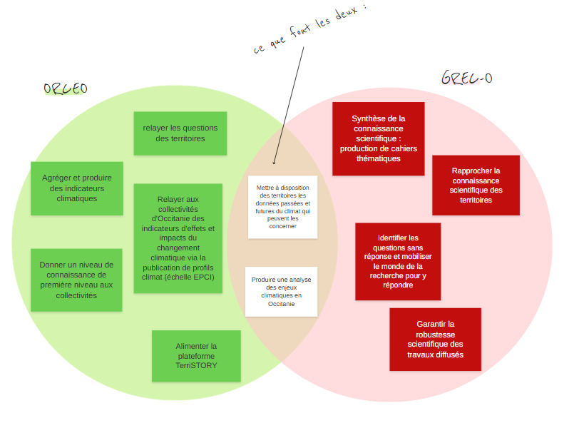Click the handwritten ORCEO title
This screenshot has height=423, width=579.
66,88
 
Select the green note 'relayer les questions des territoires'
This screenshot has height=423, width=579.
180,133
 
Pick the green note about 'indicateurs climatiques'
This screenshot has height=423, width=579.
76,188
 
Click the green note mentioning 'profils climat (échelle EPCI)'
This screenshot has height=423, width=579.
178,238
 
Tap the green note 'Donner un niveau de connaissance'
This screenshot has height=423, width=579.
76,280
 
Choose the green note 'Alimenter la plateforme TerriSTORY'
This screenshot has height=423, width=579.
196,355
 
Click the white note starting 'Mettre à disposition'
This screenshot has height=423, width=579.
282,206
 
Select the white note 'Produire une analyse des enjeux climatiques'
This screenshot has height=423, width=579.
281,291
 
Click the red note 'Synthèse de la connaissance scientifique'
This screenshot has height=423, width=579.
378,138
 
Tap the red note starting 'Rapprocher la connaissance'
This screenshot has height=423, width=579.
476,185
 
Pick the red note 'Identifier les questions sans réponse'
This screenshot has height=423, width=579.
398,261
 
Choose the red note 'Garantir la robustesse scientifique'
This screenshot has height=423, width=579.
435,340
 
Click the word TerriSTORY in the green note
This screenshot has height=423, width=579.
196,365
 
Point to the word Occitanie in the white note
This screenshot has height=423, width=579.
281,304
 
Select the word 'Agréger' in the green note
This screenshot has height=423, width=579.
56,178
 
